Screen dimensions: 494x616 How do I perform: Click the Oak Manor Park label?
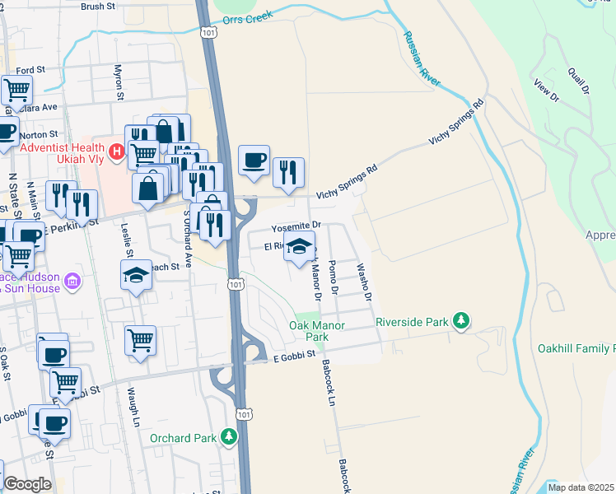[309, 331]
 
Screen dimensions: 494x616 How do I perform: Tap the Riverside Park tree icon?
[463, 320]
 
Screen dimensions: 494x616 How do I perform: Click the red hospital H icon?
[117, 151]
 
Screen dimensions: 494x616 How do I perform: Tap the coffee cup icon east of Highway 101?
[254, 158]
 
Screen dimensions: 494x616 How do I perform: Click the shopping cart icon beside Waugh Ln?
[140, 339]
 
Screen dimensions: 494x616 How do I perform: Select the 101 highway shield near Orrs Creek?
[208, 30]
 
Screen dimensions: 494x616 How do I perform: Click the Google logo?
[27, 484]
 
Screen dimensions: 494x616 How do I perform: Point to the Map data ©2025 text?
[581, 487]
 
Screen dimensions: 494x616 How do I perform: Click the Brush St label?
[98, 6]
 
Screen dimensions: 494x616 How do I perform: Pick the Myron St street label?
[119, 82]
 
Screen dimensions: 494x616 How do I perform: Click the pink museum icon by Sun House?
[72, 282]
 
